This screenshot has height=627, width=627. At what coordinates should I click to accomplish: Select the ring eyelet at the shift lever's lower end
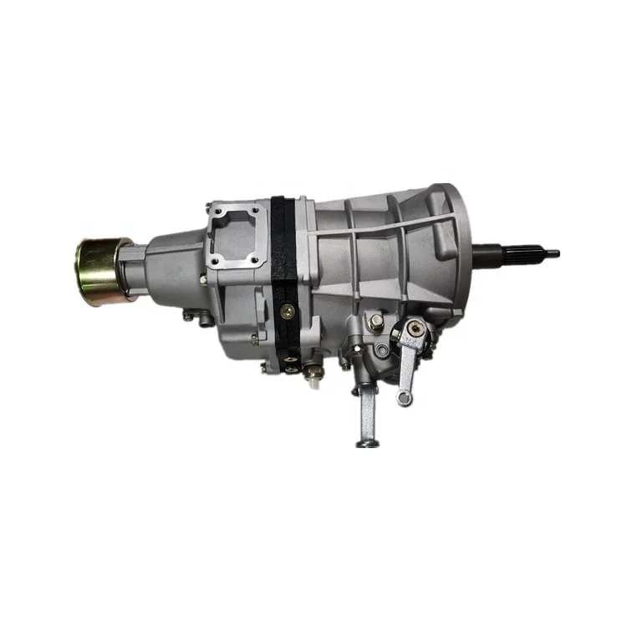[405, 398]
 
